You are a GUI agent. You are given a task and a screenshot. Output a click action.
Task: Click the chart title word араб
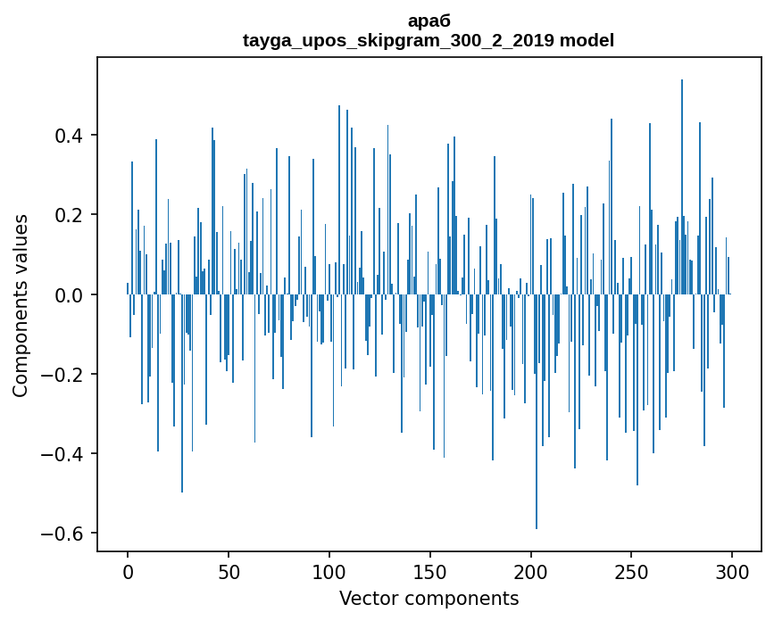pyautogui.click(x=429, y=22)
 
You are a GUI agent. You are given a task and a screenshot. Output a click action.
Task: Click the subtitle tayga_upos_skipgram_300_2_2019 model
pyautogui.click(x=429, y=40)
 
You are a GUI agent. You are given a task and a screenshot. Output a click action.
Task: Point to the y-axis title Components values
pyautogui.click(x=20, y=305)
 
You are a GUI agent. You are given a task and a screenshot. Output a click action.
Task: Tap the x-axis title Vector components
pyautogui.click(x=429, y=598)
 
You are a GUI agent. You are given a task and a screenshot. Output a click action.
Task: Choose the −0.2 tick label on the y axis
pyautogui.click(x=64, y=375)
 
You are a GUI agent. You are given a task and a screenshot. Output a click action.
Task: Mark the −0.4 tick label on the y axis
pyautogui.click(x=64, y=454)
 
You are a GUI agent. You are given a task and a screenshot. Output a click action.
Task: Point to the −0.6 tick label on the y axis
pyautogui.click(x=64, y=534)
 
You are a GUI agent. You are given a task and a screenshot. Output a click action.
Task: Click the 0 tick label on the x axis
pyautogui.click(x=128, y=571)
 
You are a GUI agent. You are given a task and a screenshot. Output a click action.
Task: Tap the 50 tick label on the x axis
pyautogui.click(x=229, y=571)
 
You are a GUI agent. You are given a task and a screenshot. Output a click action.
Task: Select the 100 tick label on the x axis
pyautogui.click(x=329, y=571)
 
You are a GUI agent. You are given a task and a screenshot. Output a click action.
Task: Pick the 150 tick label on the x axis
pyautogui.click(x=429, y=571)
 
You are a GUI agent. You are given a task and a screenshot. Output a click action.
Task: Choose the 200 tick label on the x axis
pyautogui.click(x=530, y=571)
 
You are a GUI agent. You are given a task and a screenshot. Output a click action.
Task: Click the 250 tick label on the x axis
pyautogui.click(x=631, y=571)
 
